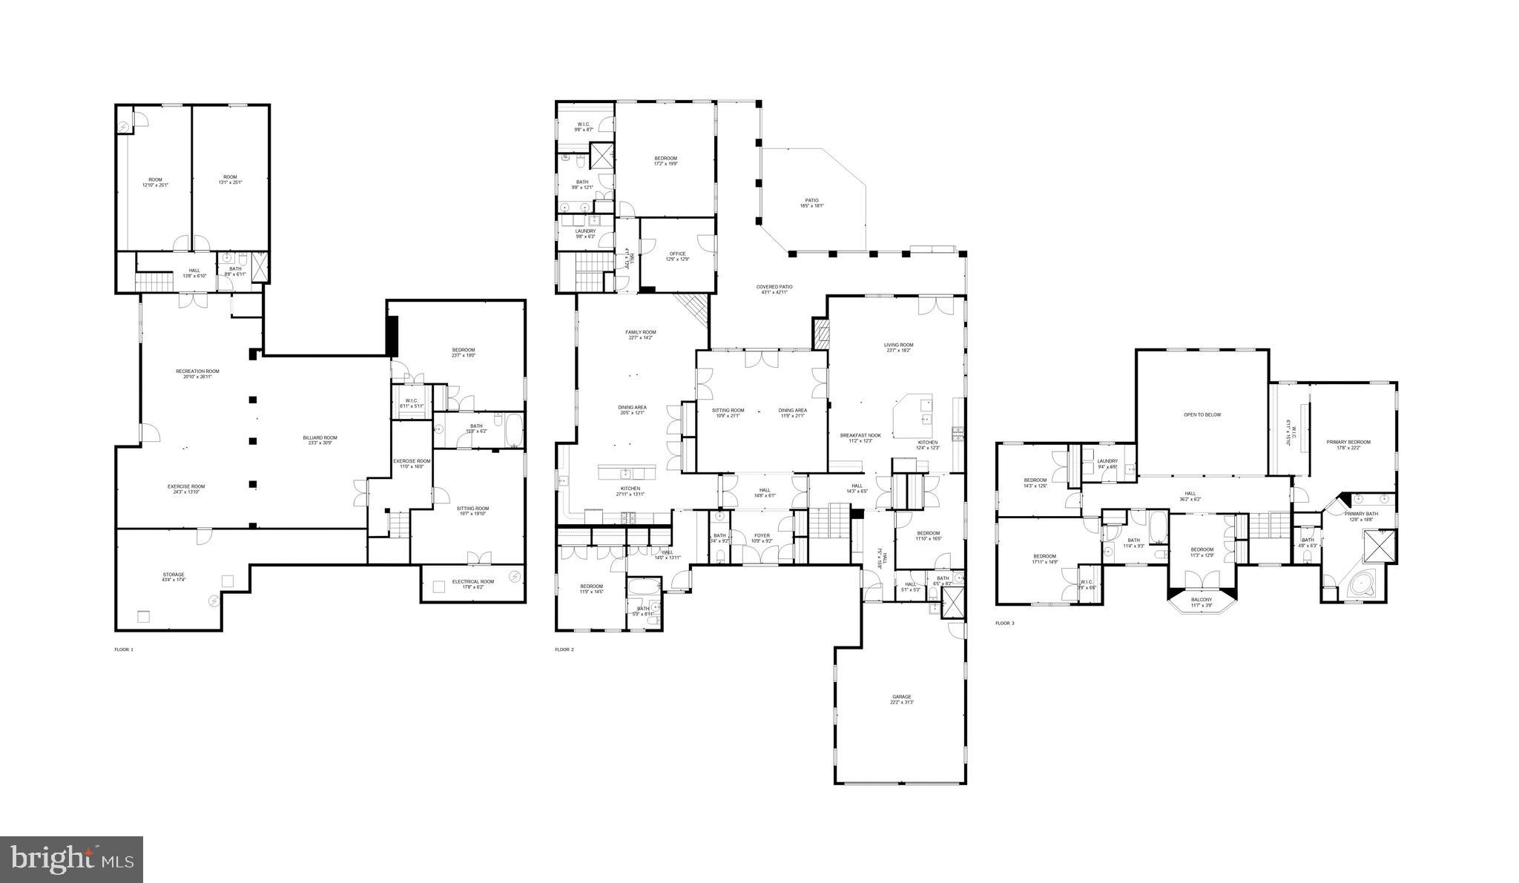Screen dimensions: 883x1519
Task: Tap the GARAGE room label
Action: [x=901, y=697]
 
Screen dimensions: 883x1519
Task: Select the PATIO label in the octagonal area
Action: [x=812, y=200]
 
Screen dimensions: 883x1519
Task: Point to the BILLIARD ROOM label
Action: [x=320, y=437]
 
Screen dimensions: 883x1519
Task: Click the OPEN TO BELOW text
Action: [x=1202, y=415]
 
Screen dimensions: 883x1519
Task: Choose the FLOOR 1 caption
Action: [x=124, y=649]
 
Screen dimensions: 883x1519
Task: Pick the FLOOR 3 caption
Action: [x=1004, y=624]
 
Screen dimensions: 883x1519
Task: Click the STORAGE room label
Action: [x=174, y=575]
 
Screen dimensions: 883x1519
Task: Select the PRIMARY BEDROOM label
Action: [x=1348, y=442]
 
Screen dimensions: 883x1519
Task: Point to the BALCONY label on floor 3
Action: [x=1201, y=599]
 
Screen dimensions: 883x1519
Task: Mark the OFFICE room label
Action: [x=677, y=254]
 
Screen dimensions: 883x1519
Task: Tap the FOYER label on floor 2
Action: [x=762, y=535]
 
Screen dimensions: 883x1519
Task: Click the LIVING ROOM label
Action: [x=898, y=345]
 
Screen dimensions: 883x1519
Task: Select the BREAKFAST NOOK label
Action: [x=860, y=435]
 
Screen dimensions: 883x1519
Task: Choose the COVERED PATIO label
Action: [x=774, y=287]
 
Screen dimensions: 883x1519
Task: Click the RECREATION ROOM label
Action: [x=197, y=371]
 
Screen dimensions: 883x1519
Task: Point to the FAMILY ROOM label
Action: [x=640, y=332]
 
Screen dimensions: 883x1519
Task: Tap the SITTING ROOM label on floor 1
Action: [x=472, y=509]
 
